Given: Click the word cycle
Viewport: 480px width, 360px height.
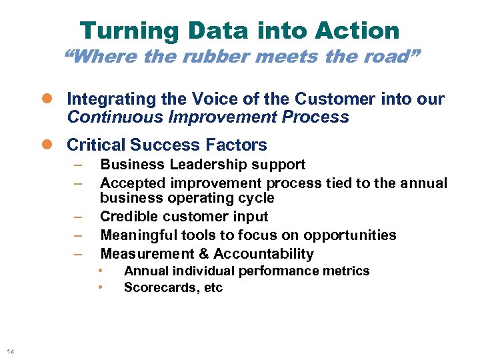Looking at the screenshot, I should (x=255, y=198).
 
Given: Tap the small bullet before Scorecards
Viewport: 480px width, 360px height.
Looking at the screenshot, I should (x=99, y=287).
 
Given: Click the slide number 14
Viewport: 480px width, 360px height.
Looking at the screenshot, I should (x=10, y=351).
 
